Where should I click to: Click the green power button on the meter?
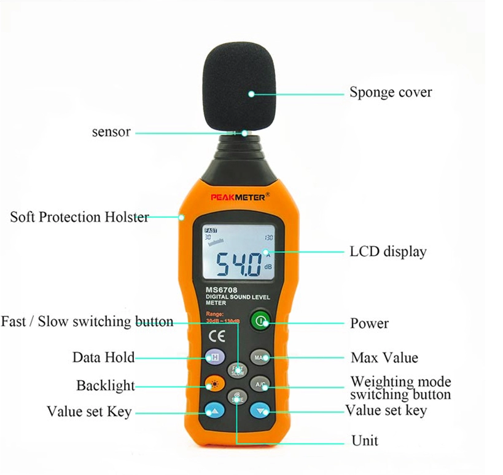click(x=260, y=321)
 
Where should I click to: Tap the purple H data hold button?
click(x=213, y=357)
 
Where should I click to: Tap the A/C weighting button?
click(x=260, y=385)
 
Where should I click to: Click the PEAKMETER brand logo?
click(x=236, y=198)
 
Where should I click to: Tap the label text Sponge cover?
click(x=391, y=92)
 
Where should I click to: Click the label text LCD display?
click(x=388, y=251)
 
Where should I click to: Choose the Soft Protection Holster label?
click(x=79, y=217)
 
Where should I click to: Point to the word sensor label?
click(x=111, y=131)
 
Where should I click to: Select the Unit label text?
click(x=364, y=441)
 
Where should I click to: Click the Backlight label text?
click(x=105, y=386)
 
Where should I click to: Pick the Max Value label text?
click(x=384, y=357)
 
